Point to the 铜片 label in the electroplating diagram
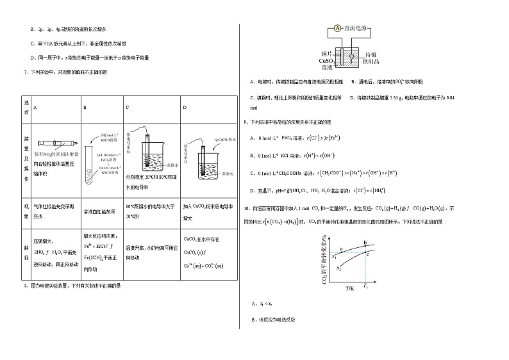326,53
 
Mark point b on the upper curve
365,243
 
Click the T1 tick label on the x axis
365,284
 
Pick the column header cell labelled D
185,107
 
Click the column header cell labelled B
85,107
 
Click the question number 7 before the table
23,72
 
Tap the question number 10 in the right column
246,208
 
